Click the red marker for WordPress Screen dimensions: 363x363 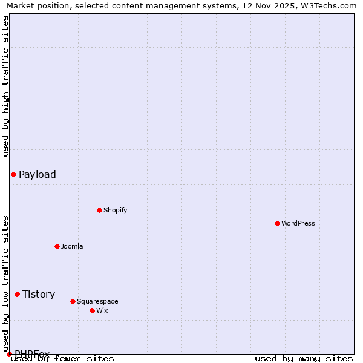pos(277,223)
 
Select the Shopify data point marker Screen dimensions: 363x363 pos(99,210)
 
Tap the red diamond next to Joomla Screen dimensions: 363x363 pos(57,246)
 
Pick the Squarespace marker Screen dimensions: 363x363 pos(73,301)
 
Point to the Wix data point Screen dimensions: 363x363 pos(92,310)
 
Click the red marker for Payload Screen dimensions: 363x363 pos(13,174)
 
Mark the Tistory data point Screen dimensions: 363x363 pos(17,294)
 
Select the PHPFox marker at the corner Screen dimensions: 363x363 pos(9,354)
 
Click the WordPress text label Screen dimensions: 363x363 pos(298,223)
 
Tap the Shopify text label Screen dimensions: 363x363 pos(116,210)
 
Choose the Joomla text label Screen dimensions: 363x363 pos(72,246)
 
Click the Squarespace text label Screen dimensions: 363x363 pos(97,301)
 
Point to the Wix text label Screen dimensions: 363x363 pos(102,310)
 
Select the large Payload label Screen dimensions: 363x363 pos(38,174)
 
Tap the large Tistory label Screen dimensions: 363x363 pos(39,294)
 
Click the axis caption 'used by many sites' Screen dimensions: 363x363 pos(304,359)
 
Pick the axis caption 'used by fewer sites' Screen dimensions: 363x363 pos(63,359)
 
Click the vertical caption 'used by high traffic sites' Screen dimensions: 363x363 pos(5,86)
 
